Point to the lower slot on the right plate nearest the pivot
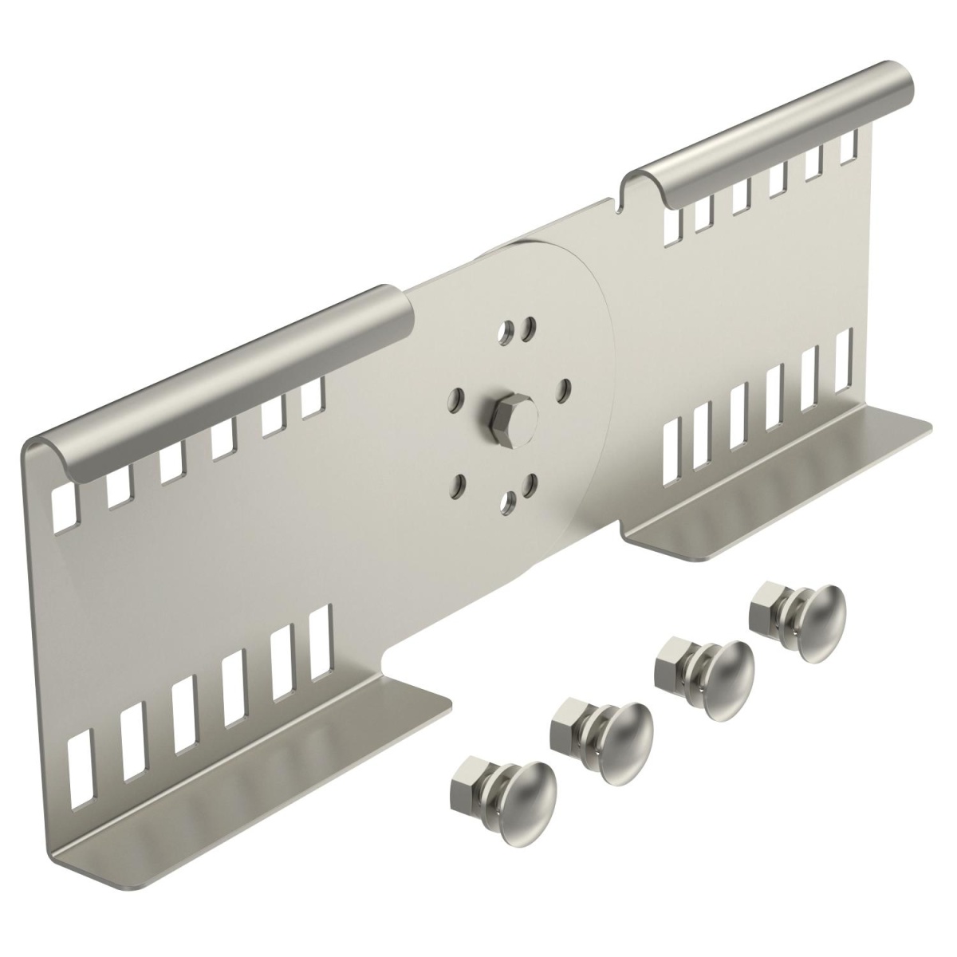674,438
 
